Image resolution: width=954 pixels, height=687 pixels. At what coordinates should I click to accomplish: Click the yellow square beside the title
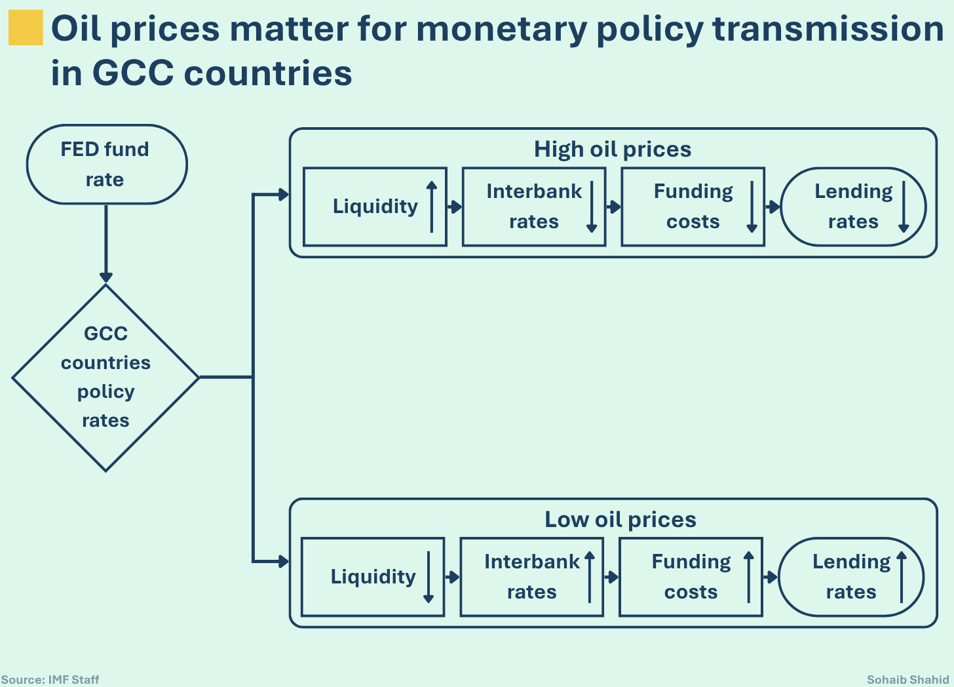tap(26, 28)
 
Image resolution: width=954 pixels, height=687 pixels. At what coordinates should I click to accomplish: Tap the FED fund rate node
tap(106, 165)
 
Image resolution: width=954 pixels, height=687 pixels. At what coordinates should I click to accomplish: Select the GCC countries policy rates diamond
tap(105, 377)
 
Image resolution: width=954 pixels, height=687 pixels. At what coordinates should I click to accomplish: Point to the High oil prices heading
tap(613, 149)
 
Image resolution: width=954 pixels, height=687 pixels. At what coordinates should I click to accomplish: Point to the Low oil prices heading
tap(620, 520)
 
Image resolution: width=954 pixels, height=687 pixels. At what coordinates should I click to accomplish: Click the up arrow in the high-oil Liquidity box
tap(432, 206)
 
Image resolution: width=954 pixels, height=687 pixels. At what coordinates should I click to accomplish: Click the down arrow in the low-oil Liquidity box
tap(429, 577)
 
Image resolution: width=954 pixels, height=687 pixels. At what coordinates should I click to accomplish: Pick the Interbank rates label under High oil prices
tap(533, 206)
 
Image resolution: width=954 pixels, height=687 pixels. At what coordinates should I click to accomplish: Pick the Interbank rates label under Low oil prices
tap(531, 577)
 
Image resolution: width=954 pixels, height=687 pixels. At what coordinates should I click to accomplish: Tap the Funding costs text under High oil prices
tap(693, 206)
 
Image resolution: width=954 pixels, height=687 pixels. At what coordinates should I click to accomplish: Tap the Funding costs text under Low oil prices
tap(691, 577)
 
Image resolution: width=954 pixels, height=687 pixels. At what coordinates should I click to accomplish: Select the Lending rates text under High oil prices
tap(853, 206)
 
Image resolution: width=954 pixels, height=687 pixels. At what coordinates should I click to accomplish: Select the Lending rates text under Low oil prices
tap(851, 577)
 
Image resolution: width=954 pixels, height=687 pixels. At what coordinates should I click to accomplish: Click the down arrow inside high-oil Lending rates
tap(904, 206)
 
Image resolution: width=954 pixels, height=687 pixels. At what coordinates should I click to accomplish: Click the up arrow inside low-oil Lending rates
tap(902, 577)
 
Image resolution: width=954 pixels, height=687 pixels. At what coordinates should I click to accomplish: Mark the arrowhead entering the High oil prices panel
tap(283, 195)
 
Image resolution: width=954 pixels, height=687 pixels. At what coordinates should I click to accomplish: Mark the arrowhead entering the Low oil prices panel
tap(283, 561)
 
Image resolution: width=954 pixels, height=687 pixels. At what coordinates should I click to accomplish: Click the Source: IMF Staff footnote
tap(50, 680)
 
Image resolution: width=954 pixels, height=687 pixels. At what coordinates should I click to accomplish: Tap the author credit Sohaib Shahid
tap(907, 680)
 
